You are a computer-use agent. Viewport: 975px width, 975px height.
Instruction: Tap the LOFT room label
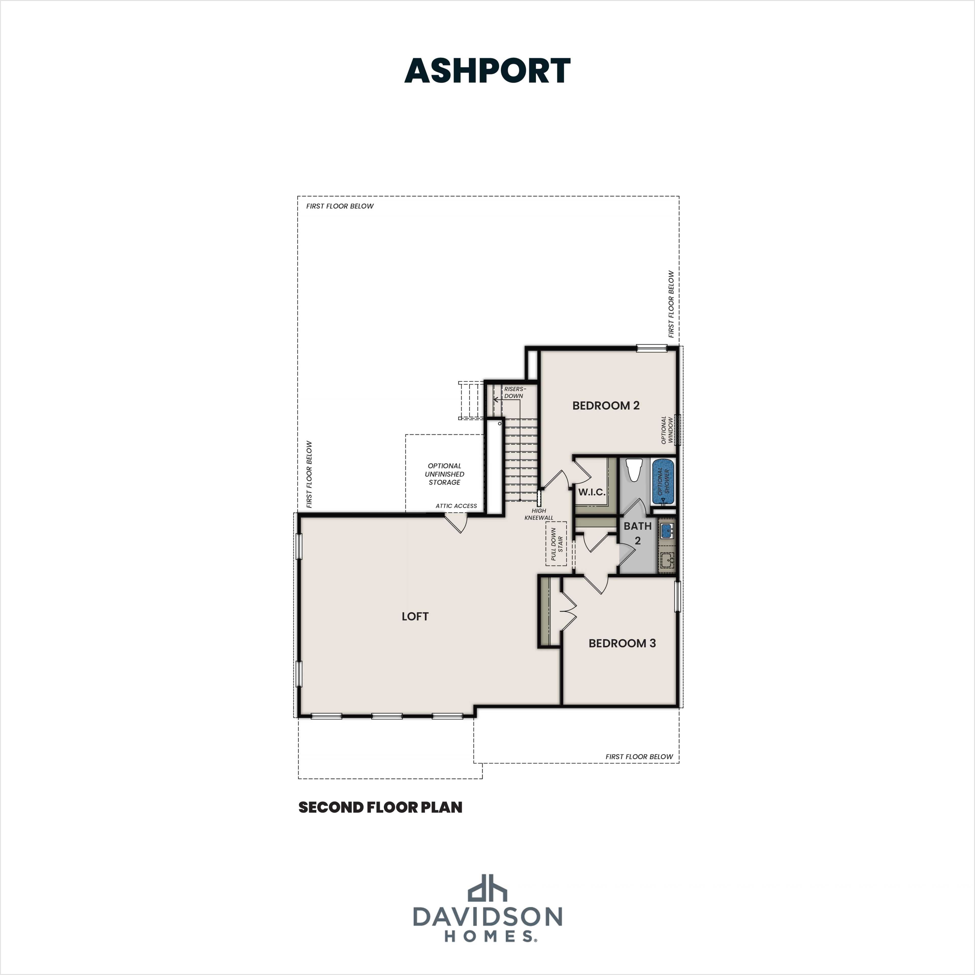point(415,616)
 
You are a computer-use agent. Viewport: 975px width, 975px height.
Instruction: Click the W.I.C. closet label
point(591,492)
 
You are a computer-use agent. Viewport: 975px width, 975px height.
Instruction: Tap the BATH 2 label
point(637,533)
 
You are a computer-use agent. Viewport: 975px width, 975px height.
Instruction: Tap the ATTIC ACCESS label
point(456,506)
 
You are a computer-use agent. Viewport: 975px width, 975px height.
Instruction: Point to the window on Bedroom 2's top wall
point(651,348)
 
